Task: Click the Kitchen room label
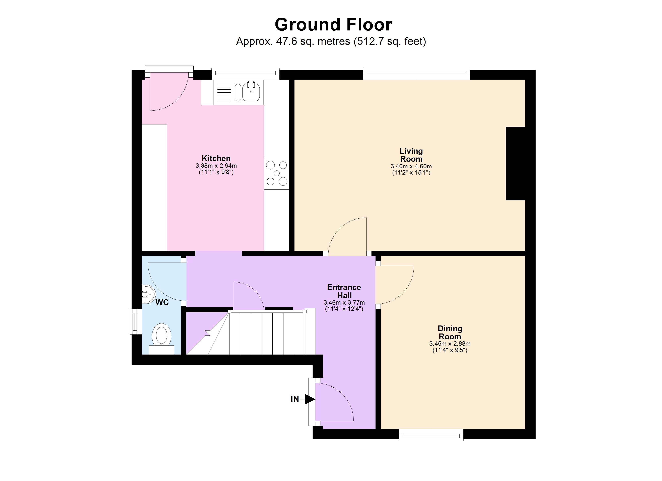216,158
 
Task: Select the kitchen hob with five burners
276,173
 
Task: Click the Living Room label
411,155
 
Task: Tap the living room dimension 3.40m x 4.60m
411,166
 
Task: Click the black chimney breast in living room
516,163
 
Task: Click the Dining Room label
450,332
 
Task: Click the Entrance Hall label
344,291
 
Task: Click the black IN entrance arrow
309,399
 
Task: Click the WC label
162,302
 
